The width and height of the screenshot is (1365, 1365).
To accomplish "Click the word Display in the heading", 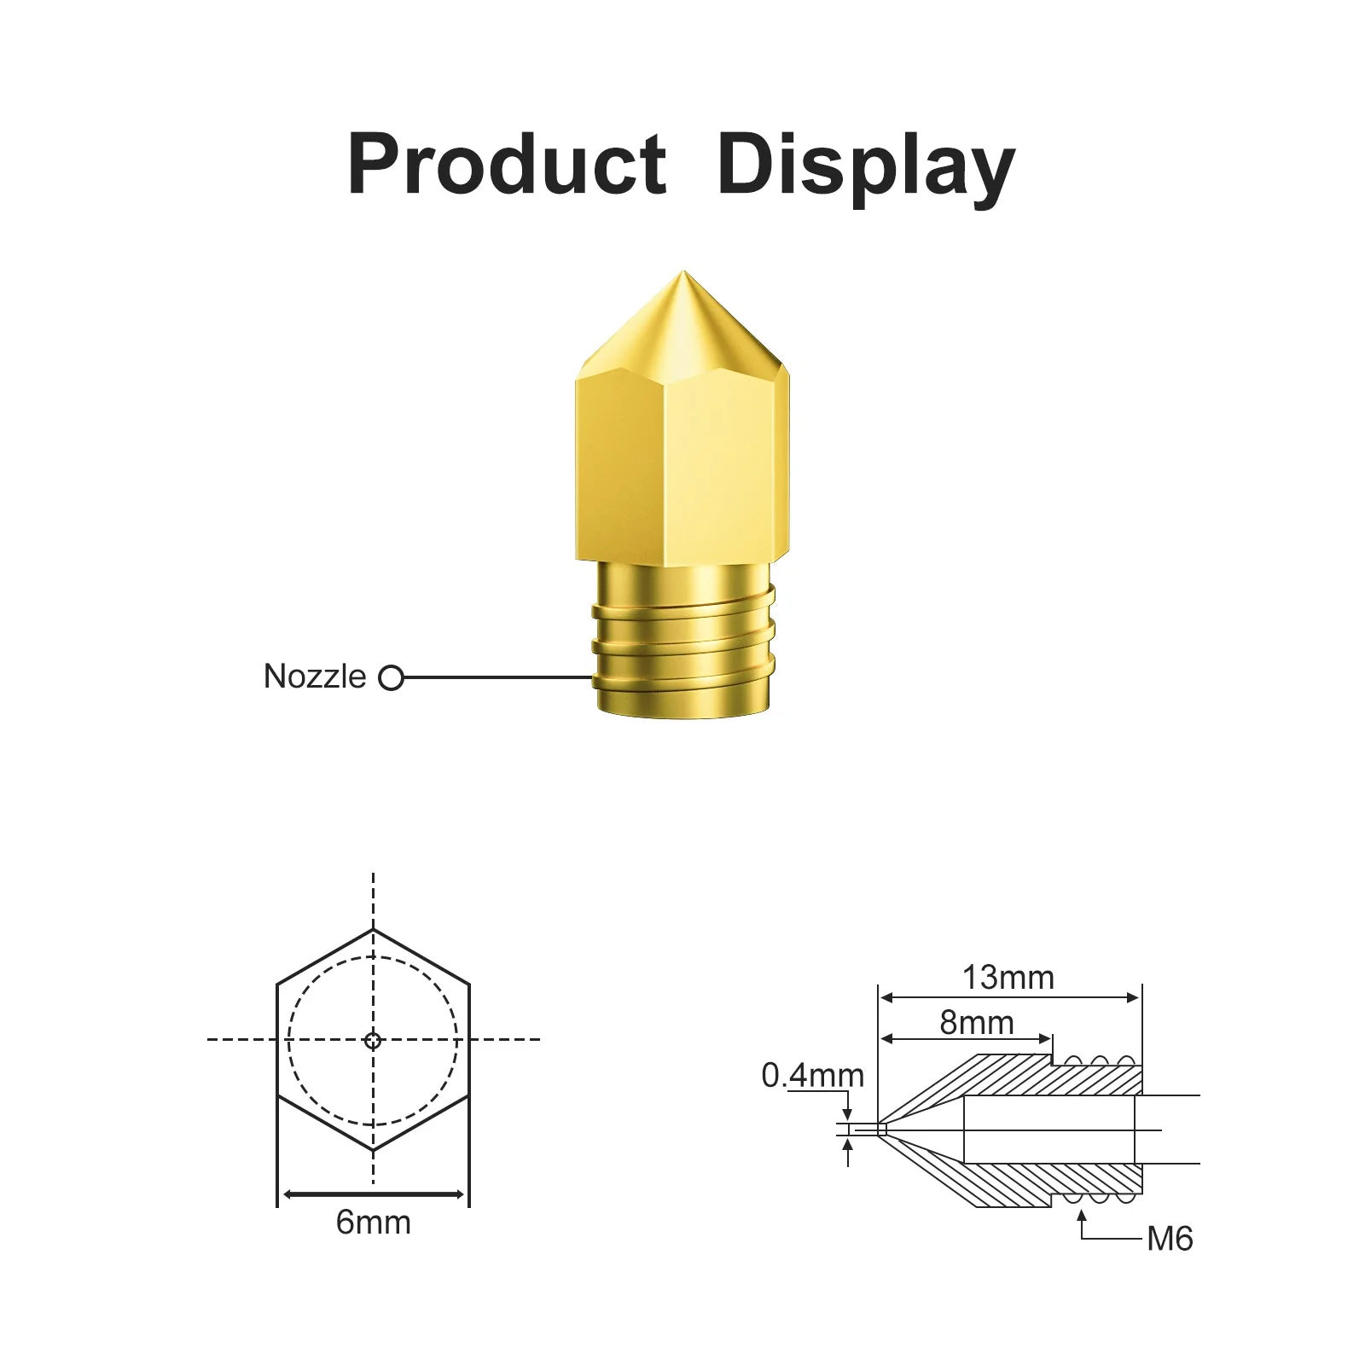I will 865,166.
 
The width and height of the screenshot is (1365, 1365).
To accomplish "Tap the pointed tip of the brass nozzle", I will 681,276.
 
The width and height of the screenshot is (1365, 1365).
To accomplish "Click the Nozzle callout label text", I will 315,677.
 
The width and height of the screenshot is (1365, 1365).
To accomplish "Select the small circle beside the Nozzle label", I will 391,678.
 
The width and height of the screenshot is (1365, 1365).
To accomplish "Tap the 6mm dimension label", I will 373,1223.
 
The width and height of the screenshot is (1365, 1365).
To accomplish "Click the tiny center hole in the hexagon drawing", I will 373,1040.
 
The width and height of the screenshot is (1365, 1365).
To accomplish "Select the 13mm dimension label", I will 1008,978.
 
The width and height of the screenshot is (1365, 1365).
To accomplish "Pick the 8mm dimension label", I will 977,1022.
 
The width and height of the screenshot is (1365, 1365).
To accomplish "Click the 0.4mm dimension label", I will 812,1076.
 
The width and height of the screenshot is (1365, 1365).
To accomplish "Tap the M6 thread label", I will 1170,1239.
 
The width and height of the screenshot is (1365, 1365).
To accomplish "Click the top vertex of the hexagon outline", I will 373,930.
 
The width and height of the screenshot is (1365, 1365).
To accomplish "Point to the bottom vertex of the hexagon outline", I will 373,1151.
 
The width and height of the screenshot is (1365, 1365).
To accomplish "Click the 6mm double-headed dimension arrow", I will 373,1194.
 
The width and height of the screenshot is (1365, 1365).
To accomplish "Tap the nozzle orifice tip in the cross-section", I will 881,1130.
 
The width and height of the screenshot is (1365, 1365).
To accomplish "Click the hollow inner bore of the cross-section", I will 1049,1130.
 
